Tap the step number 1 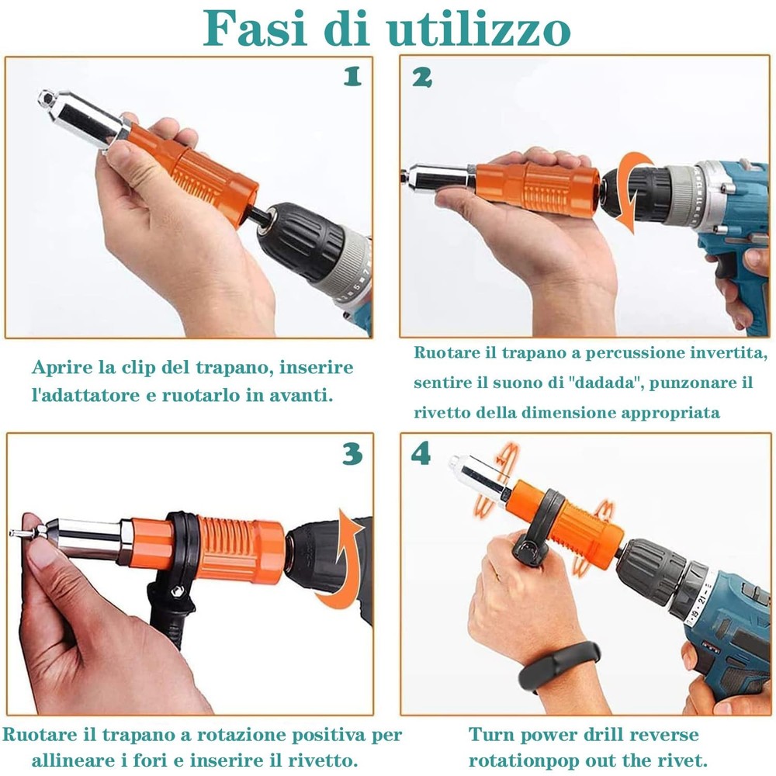[x=352, y=76]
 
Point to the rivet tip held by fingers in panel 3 [x=16, y=534]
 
